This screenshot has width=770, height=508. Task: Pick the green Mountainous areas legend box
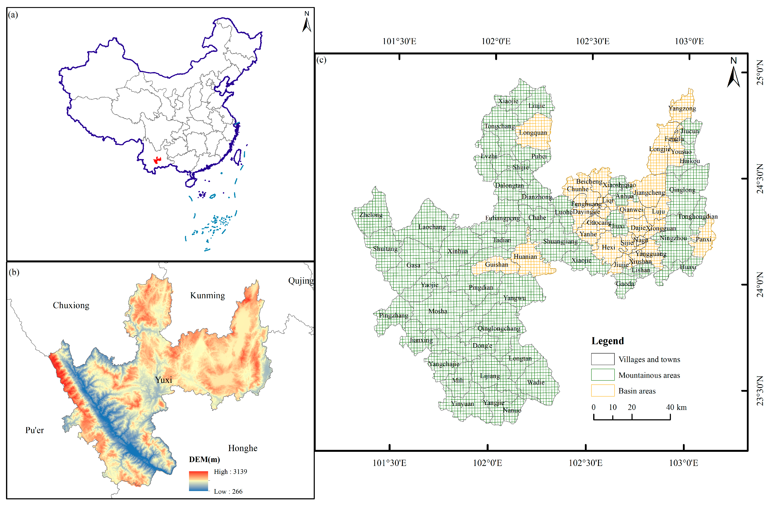click(x=603, y=375)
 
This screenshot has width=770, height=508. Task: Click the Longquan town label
click(x=533, y=133)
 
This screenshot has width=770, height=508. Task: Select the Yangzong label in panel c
click(x=682, y=108)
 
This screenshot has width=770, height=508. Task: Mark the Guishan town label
click(x=496, y=265)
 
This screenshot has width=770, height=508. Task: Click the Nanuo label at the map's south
click(x=512, y=410)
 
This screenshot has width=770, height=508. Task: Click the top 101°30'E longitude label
click(x=399, y=42)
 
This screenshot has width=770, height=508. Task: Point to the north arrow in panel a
click(x=307, y=22)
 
